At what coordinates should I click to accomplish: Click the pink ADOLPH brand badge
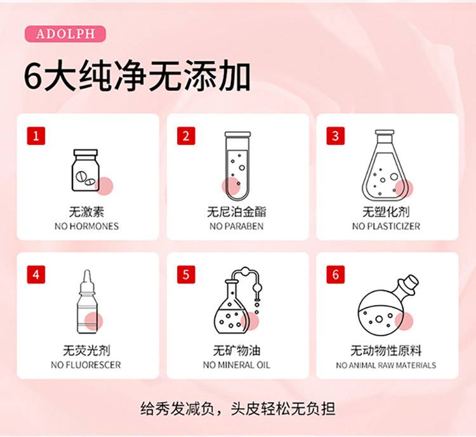tap(65, 34)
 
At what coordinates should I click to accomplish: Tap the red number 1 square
tap(36, 136)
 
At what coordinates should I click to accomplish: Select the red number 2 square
tap(186, 136)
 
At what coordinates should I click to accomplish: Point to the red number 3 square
tap(336, 136)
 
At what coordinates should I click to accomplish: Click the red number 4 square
tap(36, 275)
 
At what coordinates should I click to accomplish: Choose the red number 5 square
tap(186, 275)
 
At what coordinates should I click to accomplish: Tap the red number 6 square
tap(336, 275)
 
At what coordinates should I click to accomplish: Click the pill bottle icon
tap(86, 170)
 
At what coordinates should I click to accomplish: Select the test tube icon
tap(237, 166)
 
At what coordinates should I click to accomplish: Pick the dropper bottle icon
tap(87, 302)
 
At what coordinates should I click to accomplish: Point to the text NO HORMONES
tap(86, 226)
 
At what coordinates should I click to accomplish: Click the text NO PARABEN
tap(237, 226)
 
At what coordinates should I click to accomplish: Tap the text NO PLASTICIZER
tap(386, 226)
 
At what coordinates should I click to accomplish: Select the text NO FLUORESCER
tap(86, 365)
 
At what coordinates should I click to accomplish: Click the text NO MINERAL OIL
tap(237, 365)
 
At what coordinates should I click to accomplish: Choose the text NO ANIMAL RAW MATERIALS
tap(386, 365)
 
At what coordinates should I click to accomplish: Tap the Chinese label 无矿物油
tap(237, 351)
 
